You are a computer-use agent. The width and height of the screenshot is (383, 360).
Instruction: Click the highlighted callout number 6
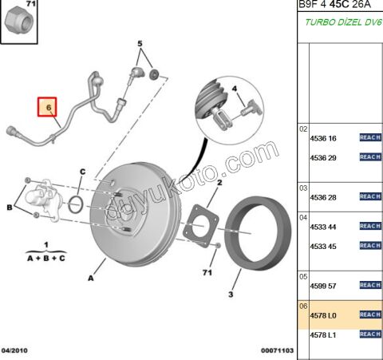48,105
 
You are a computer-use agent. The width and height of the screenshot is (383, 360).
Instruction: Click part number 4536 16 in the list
324,137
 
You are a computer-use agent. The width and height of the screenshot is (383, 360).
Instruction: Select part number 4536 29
324,157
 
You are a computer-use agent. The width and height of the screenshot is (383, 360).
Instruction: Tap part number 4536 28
324,196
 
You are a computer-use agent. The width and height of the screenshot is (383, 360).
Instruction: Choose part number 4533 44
324,226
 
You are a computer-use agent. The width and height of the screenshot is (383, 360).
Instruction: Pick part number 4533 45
324,246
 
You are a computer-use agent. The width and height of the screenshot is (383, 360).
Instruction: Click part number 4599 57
324,285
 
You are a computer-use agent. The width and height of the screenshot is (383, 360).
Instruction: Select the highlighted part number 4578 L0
324,315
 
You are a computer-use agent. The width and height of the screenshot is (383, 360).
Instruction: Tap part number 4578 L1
324,334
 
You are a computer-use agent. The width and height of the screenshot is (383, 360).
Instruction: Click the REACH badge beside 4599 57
369,285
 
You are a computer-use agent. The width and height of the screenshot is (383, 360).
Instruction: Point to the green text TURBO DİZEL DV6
338,23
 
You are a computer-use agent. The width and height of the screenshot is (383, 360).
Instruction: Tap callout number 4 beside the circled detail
235,88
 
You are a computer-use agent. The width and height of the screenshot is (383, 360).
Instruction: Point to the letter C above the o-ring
82,172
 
